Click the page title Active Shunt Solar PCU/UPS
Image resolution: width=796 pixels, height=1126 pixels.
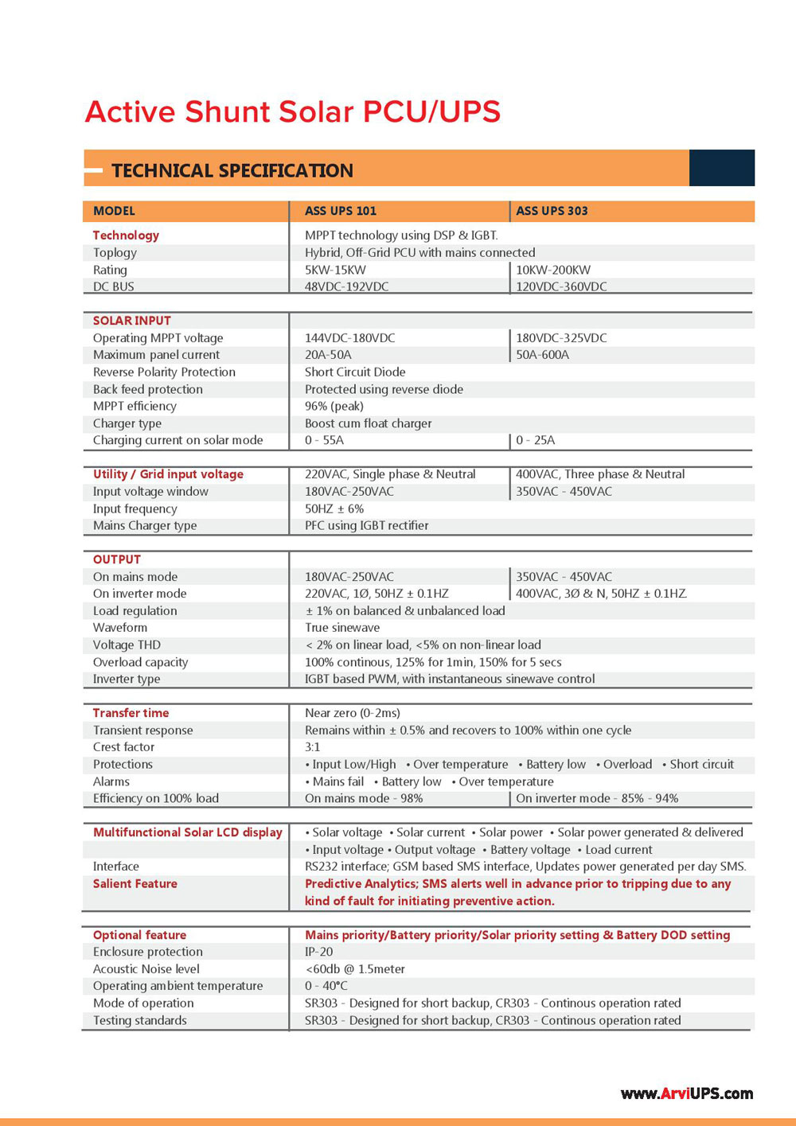coord(292,112)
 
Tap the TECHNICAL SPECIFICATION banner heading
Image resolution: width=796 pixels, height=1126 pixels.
coord(232,170)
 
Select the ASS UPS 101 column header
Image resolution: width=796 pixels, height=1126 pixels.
coord(340,211)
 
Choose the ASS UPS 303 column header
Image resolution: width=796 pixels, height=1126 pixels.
coord(552,211)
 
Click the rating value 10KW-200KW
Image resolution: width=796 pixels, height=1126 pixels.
coord(553,270)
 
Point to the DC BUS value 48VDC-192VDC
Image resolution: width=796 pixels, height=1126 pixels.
coord(346,286)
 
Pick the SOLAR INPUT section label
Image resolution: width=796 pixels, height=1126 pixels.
coord(131,321)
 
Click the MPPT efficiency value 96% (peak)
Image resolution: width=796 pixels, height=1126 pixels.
coord(334,406)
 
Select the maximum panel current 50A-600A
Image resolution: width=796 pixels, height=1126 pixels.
coord(542,355)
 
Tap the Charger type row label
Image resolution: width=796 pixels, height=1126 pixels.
coord(127,423)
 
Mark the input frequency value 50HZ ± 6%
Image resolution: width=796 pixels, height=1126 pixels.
coord(334,508)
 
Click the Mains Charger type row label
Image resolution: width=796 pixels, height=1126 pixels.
coord(144,525)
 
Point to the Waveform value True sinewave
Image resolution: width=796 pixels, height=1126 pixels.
coord(342,628)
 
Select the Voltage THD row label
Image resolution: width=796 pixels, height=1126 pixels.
coord(127,645)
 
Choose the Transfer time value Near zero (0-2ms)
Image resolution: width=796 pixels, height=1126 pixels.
coord(352,713)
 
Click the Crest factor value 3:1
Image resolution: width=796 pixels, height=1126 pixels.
coord(312,747)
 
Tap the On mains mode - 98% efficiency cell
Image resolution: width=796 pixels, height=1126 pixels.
coord(363,798)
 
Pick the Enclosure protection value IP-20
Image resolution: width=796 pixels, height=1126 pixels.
coord(318,952)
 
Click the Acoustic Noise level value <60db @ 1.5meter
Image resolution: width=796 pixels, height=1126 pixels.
coord(354,969)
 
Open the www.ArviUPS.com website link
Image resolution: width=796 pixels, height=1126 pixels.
coord(686,1093)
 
